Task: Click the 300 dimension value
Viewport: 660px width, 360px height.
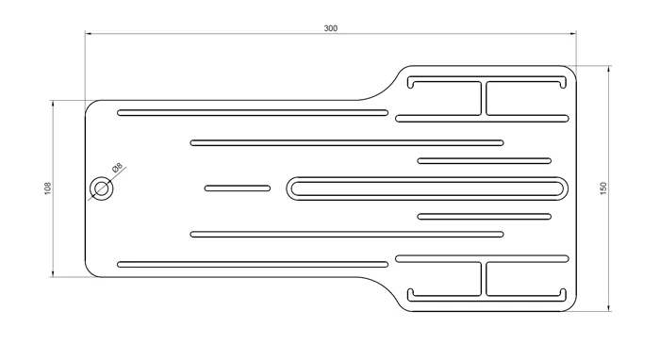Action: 331,28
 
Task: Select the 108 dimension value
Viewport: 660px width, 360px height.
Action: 47,188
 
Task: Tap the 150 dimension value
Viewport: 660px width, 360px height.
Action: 603,188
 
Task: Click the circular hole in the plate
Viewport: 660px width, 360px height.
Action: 102,188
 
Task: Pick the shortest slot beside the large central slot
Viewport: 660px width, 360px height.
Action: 238,188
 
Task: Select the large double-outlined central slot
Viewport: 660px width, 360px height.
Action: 428,188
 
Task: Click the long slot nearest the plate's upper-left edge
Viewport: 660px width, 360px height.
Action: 253,113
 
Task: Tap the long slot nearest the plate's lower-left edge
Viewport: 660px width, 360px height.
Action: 253,264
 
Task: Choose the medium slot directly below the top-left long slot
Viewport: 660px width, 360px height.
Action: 347,143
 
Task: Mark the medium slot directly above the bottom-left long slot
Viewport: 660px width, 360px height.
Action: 347,234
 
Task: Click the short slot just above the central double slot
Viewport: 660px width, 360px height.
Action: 485,161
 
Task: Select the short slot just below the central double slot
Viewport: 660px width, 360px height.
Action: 485,217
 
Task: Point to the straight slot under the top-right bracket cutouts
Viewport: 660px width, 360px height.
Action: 482,119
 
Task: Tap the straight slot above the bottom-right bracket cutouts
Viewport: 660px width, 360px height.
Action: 482,258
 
